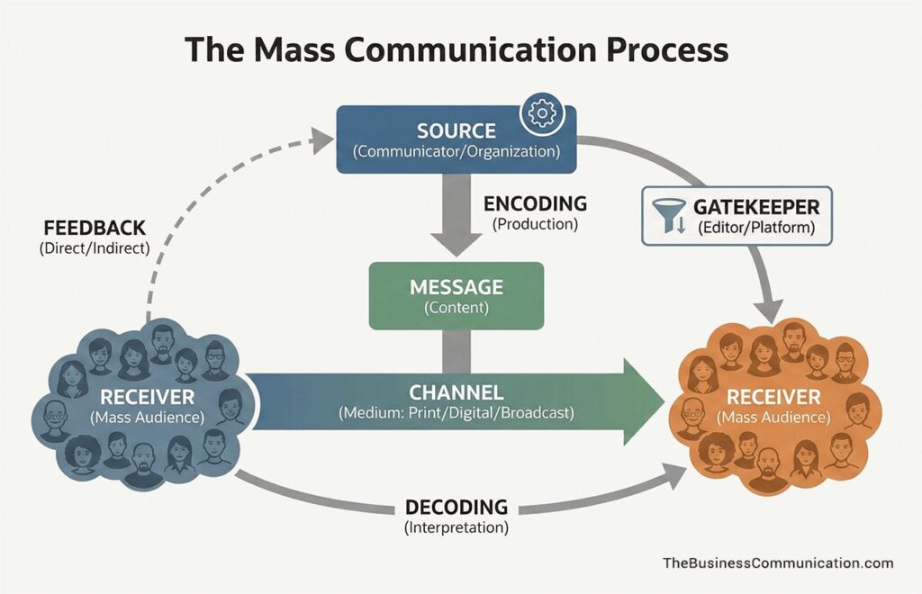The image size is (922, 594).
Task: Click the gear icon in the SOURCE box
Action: coord(541,113)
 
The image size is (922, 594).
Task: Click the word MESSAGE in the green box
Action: coord(456,287)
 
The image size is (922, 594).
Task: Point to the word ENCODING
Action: coord(535,203)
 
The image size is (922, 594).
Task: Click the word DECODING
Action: coord(456,507)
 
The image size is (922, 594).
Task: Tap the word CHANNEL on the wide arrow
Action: coord(456,393)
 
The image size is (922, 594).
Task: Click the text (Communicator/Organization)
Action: coord(456,152)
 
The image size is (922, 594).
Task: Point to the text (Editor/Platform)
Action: coord(755,229)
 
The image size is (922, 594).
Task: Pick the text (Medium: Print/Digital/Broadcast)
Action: coord(456,415)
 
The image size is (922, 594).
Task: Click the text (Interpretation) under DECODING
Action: coord(456,527)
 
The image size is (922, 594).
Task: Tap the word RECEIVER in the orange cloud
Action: coord(773,397)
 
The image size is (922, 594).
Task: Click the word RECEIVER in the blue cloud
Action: coord(146,397)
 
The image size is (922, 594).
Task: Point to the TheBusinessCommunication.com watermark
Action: coord(778,563)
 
